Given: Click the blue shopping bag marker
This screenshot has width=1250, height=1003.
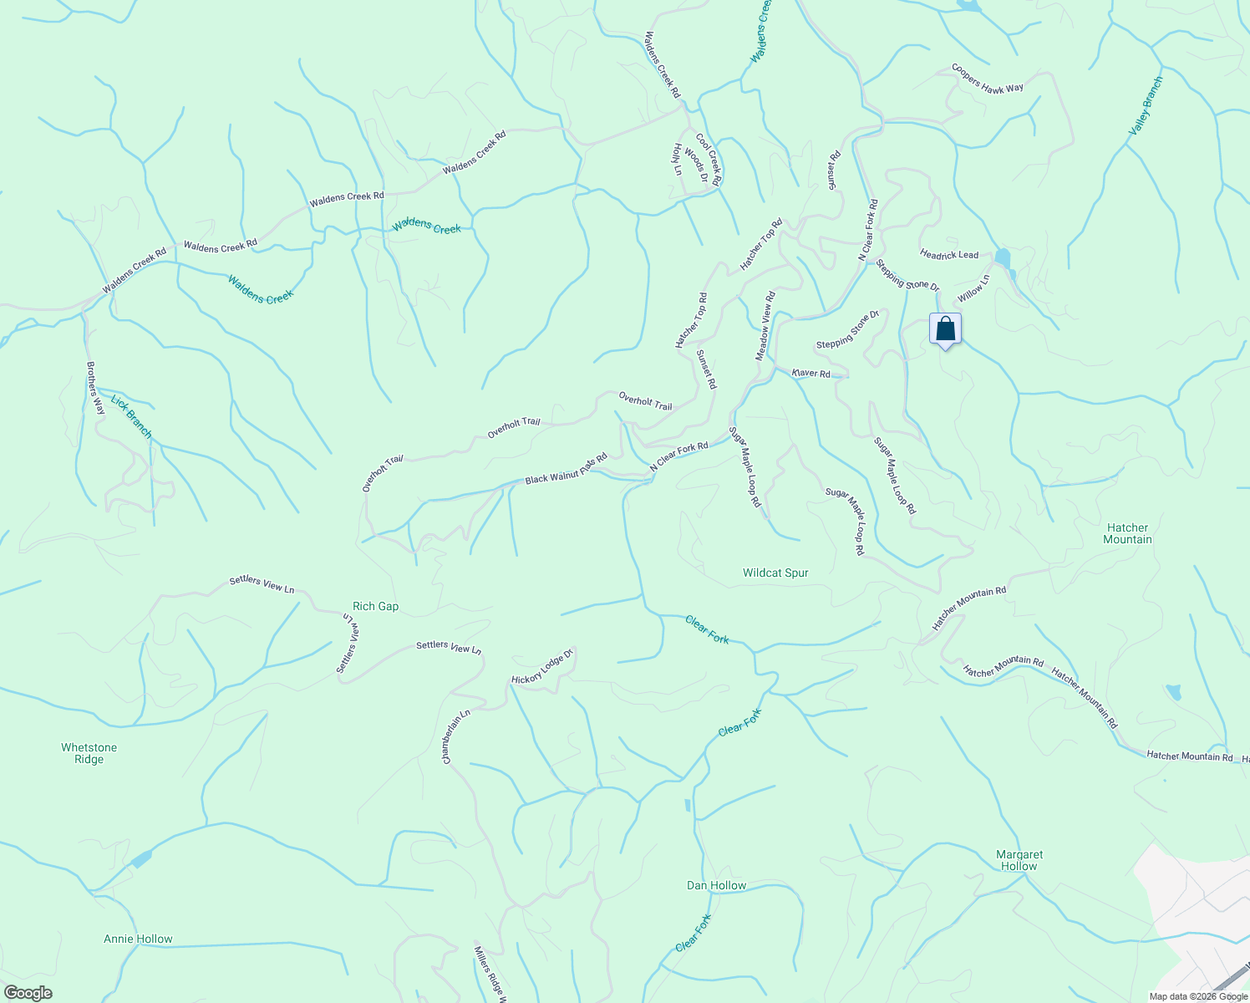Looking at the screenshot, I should [x=945, y=328].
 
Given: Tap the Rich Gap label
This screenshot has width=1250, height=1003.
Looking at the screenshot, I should [x=376, y=606].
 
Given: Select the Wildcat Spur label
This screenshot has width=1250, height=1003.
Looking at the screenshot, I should [x=775, y=573].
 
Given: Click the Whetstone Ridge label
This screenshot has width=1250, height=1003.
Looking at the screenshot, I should [x=89, y=753].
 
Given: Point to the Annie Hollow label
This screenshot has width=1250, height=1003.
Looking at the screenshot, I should [x=138, y=939].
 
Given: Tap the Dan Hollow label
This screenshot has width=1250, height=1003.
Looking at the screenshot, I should [x=716, y=885].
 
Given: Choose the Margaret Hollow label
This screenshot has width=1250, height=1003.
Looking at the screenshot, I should [x=1019, y=860].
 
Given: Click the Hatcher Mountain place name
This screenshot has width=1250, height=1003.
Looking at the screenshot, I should [x=1127, y=533].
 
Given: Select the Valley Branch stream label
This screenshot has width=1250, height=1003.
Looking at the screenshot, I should [x=1146, y=106].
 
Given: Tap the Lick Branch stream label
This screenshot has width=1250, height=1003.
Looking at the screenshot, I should [x=132, y=416].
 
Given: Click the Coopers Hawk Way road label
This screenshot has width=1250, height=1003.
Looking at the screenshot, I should [x=988, y=78].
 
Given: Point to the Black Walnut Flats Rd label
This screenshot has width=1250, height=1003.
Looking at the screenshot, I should [x=566, y=470].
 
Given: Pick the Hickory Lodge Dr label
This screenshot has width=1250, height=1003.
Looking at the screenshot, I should [x=542, y=666].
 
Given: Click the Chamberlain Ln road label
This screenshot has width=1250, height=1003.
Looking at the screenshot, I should [x=456, y=736].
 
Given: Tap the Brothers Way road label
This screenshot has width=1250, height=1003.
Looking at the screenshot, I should [x=96, y=388].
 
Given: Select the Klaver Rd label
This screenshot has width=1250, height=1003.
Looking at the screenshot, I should [x=811, y=374].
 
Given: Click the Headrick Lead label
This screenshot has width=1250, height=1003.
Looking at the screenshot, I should [x=948, y=254].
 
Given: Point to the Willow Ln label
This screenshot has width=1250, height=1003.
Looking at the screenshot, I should [x=973, y=288].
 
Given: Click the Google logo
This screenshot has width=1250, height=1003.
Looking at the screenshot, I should [x=28, y=993].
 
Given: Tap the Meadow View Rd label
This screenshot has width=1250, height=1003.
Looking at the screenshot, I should [x=766, y=326].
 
